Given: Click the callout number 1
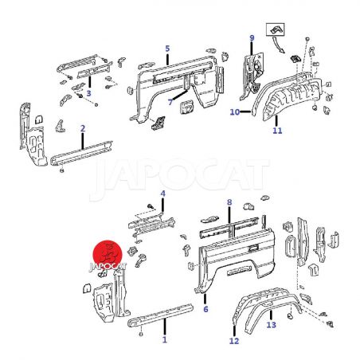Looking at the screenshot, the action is tap(165, 339).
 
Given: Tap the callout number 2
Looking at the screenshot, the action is tap(83, 128).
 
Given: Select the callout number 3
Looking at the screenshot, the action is tap(88, 93).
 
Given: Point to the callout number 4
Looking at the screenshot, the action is tap(162, 194).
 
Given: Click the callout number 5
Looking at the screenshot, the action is tap(167, 49).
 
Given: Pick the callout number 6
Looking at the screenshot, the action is tap(205, 309).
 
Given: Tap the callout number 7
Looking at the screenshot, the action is tap(170, 101).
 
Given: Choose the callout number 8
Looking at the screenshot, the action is tap(229, 202).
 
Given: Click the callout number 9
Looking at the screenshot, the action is tap(252, 38).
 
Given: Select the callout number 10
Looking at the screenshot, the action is tap(235, 112).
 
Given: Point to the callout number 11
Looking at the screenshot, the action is tap(277, 131).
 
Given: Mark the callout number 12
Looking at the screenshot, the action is tap(234, 341).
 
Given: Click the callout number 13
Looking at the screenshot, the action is tap(272, 324).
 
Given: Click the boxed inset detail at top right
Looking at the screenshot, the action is tap(276, 29).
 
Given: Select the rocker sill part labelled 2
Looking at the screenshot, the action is tap(81, 154).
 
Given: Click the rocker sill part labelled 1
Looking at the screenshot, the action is tap(161, 315).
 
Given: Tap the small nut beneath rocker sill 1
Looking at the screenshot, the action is tap(141, 334).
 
